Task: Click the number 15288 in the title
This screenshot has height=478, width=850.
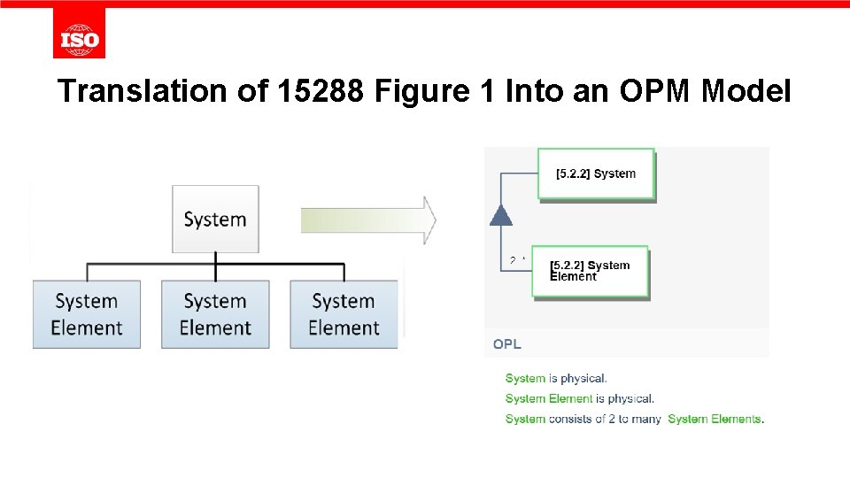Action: [x=321, y=90]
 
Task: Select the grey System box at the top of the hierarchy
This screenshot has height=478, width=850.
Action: [x=215, y=219]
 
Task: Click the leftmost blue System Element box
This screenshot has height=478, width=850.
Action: [x=87, y=314]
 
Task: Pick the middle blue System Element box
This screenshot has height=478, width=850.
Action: [x=215, y=314]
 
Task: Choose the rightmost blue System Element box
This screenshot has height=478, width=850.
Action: [x=344, y=314]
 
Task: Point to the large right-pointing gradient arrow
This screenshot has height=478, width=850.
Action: [x=368, y=220]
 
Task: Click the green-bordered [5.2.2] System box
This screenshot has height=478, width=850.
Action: [x=596, y=173]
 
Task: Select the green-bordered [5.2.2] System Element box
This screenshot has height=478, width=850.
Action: [x=590, y=271]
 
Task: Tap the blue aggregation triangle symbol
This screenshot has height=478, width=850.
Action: [x=501, y=215]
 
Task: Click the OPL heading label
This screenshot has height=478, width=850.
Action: [x=507, y=344]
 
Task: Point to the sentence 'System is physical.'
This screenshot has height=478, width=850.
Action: [x=556, y=379]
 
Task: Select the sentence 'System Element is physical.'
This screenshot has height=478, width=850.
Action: [x=580, y=399]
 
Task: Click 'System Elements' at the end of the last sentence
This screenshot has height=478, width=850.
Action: [x=715, y=420]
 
